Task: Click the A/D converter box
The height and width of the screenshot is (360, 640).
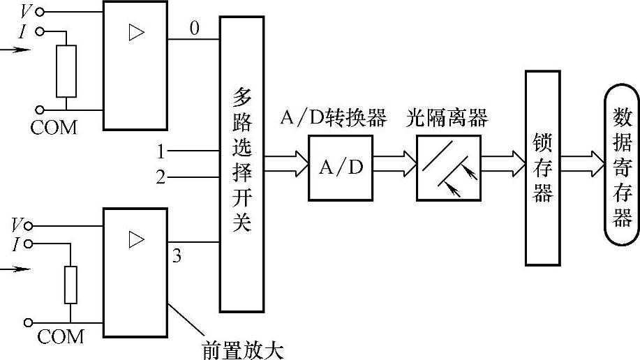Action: [x=341, y=167]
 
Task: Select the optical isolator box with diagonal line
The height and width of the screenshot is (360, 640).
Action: [x=448, y=167]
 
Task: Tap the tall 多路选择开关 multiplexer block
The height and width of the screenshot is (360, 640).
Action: [x=242, y=164]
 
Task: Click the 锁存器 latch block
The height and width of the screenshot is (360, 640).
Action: [x=543, y=167]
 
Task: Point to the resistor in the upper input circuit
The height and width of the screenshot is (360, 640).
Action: [x=66, y=71]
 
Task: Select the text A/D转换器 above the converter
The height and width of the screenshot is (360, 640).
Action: [x=333, y=118]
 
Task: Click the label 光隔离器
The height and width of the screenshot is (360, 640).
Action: [x=447, y=118]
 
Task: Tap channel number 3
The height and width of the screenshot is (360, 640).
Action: [x=177, y=256]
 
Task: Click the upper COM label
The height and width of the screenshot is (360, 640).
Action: [x=54, y=128]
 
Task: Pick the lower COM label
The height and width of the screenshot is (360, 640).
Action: [x=60, y=337]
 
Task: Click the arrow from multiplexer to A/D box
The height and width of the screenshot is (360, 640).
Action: [x=286, y=167]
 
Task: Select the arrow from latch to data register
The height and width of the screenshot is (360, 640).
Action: [x=583, y=167]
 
